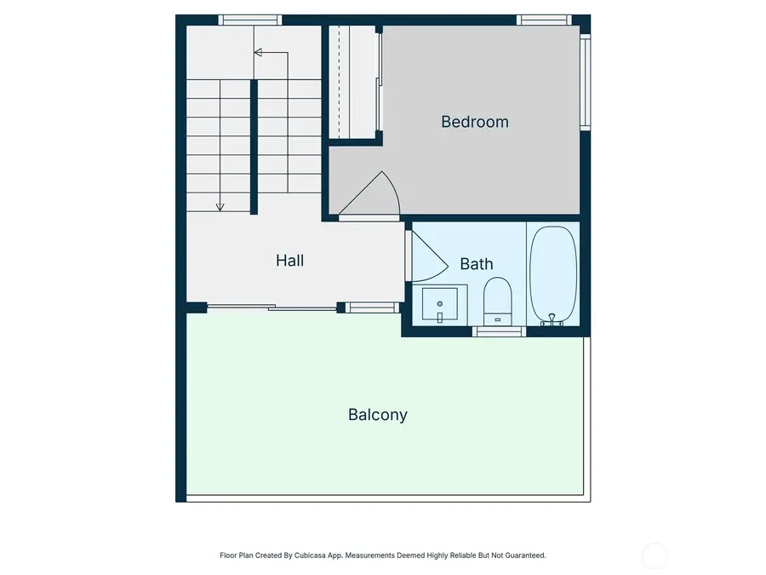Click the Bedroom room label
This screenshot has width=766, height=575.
pos(474,122)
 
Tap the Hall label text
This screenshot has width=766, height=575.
pos(289,261)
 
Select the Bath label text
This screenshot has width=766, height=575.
pos(476,264)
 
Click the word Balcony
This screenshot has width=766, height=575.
pos(377,415)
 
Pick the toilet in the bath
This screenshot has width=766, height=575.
pos(497,300)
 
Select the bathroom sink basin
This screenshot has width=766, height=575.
pos(440,303)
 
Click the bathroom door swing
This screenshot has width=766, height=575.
pos(428,254)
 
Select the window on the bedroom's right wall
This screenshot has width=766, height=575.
pos(586,81)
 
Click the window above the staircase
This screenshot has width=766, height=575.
pos(249,20)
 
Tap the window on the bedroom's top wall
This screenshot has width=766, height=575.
pos(543,20)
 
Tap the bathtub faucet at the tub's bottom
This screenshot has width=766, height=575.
pos(552,319)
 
